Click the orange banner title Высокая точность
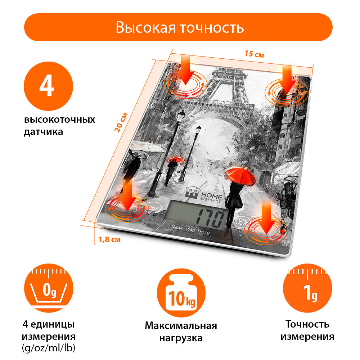(180, 27)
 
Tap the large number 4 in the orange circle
(48, 87)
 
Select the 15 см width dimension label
(255, 54)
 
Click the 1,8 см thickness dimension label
(109, 239)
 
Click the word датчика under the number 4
(43, 132)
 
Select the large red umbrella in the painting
(238, 174)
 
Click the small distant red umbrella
(176, 159)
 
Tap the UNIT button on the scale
(153, 208)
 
